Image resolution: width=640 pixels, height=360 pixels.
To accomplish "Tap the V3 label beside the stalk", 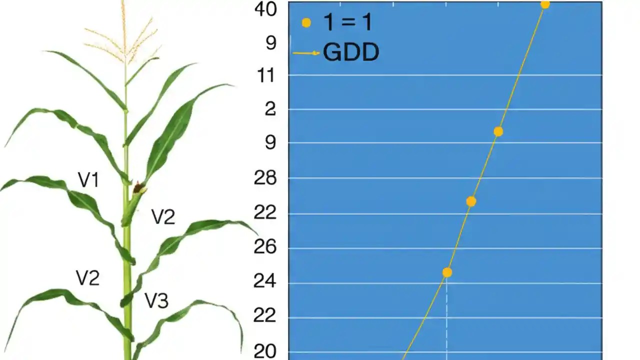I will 156,300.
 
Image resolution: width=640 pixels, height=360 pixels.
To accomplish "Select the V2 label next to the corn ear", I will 163,217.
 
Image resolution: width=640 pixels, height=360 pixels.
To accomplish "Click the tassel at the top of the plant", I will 124,35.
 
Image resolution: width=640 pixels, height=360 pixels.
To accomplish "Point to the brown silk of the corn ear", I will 137,188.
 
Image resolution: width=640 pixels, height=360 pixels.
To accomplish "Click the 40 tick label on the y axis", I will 265,9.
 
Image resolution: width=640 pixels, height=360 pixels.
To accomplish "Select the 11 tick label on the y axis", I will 265,76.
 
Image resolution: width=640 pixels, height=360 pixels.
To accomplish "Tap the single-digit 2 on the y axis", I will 270,109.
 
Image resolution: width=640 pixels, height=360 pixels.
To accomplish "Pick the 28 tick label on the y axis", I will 265,178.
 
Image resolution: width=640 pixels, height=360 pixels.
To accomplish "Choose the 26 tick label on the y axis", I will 265,247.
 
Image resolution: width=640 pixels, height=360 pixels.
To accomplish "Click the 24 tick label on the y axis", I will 265,282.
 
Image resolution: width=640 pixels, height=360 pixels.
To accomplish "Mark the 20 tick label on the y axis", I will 265,352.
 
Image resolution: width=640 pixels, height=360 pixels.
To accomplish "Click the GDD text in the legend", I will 351,52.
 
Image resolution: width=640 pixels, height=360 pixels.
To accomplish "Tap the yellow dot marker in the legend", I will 306,23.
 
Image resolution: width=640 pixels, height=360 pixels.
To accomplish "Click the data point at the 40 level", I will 545,4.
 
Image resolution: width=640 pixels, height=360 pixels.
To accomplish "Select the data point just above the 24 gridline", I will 447,272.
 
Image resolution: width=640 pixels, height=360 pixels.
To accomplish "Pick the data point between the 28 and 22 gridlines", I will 471,201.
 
